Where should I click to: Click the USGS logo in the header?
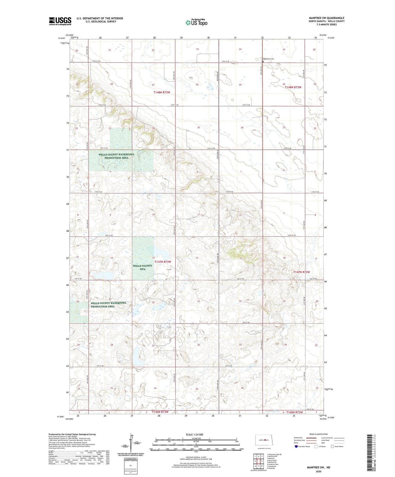[x=60, y=21]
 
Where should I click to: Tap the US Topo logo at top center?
[x=196, y=22]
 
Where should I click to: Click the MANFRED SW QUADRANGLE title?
[x=326, y=18]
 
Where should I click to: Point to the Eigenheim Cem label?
[x=268, y=59]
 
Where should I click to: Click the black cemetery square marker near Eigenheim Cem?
[x=263, y=62]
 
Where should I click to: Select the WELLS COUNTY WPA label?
[x=142, y=267]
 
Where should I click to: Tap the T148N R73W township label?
[x=162, y=92]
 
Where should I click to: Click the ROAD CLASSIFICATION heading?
[x=318, y=434]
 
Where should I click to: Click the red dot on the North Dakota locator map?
[x=265, y=440]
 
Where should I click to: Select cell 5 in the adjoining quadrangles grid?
[x=262, y=461]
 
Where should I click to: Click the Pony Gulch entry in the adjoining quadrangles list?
[x=272, y=460]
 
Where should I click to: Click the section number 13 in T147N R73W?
[x=241, y=258]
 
